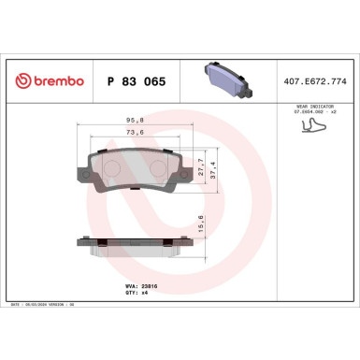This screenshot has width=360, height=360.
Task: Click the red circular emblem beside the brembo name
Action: coord(22,82)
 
